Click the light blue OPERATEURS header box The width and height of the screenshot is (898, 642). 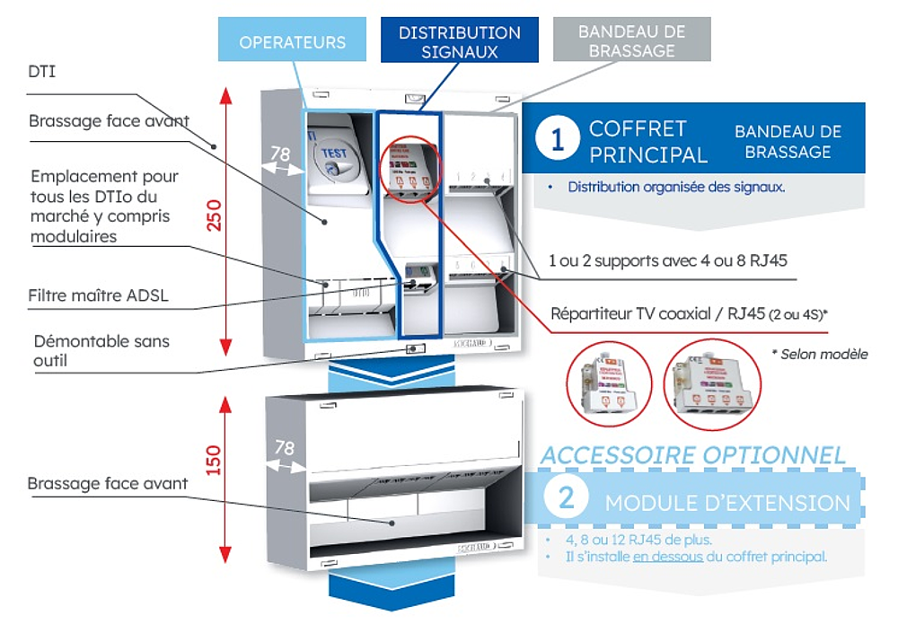pyautogui.click(x=292, y=42)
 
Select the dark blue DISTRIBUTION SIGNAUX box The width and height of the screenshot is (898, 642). pyautogui.click(x=459, y=42)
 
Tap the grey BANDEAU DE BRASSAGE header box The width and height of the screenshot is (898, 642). pyautogui.click(x=631, y=41)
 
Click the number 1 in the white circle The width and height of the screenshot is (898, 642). pyautogui.click(x=559, y=141)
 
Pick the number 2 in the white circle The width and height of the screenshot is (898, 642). pyautogui.click(x=567, y=497)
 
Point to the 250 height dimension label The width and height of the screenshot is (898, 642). pyautogui.click(x=215, y=214)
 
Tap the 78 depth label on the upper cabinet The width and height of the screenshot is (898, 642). pyautogui.click(x=280, y=154)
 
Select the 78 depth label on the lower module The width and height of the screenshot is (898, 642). pyautogui.click(x=284, y=447)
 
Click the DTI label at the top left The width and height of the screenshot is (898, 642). pyautogui.click(x=41, y=71)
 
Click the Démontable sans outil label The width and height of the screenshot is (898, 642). pyautogui.click(x=101, y=350)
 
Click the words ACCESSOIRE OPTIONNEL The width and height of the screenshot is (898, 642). pyautogui.click(x=692, y=455)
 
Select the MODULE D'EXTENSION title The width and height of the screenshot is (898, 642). pyautogui.click(x=727, y=502)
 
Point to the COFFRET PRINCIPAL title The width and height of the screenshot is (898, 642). pyautogui.click(x=647, y=142)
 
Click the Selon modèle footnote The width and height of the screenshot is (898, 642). pyautogui.click(x=819, y=354)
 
